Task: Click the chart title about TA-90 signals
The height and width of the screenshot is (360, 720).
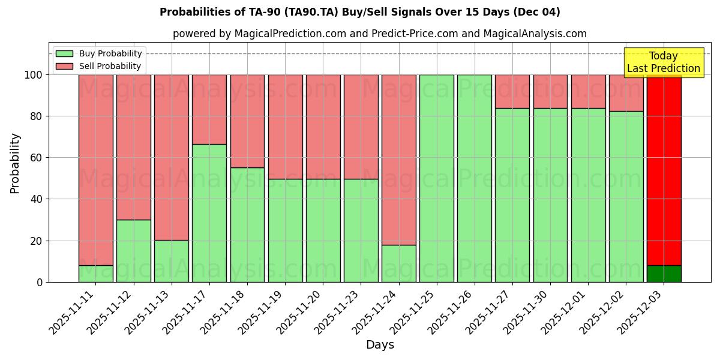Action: pos(360,12)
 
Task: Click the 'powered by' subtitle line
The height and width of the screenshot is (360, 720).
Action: pos(379,34)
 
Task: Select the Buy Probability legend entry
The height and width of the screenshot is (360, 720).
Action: pos(98,53)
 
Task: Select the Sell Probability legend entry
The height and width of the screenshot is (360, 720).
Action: pos(98,66)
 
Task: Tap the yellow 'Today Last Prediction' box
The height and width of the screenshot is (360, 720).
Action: pos(663,62)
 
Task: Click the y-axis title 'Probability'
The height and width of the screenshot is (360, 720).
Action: pos(15,163)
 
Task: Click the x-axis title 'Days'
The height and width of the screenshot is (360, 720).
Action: pos(380,345)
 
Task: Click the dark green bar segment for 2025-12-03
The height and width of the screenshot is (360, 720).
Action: pos(664,274)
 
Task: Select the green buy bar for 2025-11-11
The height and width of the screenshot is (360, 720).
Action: pos(95,274)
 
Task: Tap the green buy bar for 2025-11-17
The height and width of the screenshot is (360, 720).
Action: pos(209,213)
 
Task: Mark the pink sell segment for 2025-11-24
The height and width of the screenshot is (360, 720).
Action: pos(398,160)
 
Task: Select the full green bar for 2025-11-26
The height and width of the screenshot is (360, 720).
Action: pos(474,178)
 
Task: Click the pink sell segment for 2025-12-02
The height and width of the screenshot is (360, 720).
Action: pos(626,92)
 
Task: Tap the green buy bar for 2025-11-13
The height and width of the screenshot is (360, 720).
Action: pos(171,261)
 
